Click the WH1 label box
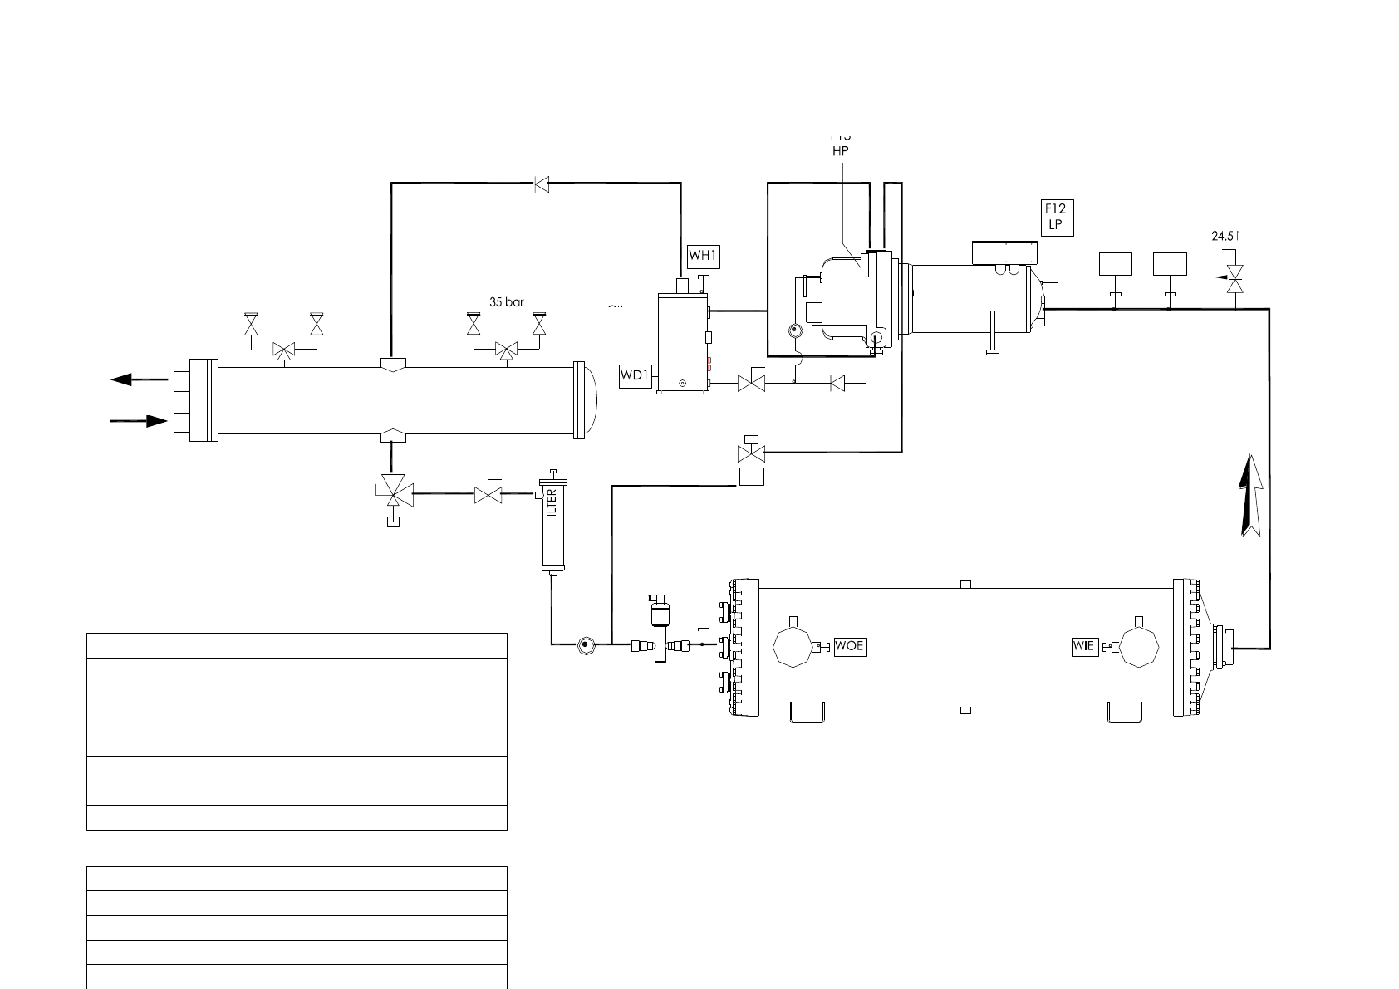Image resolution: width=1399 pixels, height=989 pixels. (703, 257)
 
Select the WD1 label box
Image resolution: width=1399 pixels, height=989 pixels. (635, 376)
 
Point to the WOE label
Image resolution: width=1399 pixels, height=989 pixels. (850, 646)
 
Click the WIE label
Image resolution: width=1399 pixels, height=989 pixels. (1084, 646)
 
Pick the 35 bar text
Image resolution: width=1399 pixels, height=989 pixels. (507, 302)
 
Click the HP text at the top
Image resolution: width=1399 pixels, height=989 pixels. (840, 151)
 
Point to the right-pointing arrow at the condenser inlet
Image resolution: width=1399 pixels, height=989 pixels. (139, 421)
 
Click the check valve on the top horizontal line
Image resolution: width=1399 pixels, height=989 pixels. (542, 184)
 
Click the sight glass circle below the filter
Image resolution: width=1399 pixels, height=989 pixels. (586, 644)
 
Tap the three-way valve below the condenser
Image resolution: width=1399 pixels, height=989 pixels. (392, 492)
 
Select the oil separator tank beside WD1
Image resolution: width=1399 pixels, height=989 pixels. (682, 342)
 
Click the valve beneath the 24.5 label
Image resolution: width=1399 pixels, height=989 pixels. (1235, 278)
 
